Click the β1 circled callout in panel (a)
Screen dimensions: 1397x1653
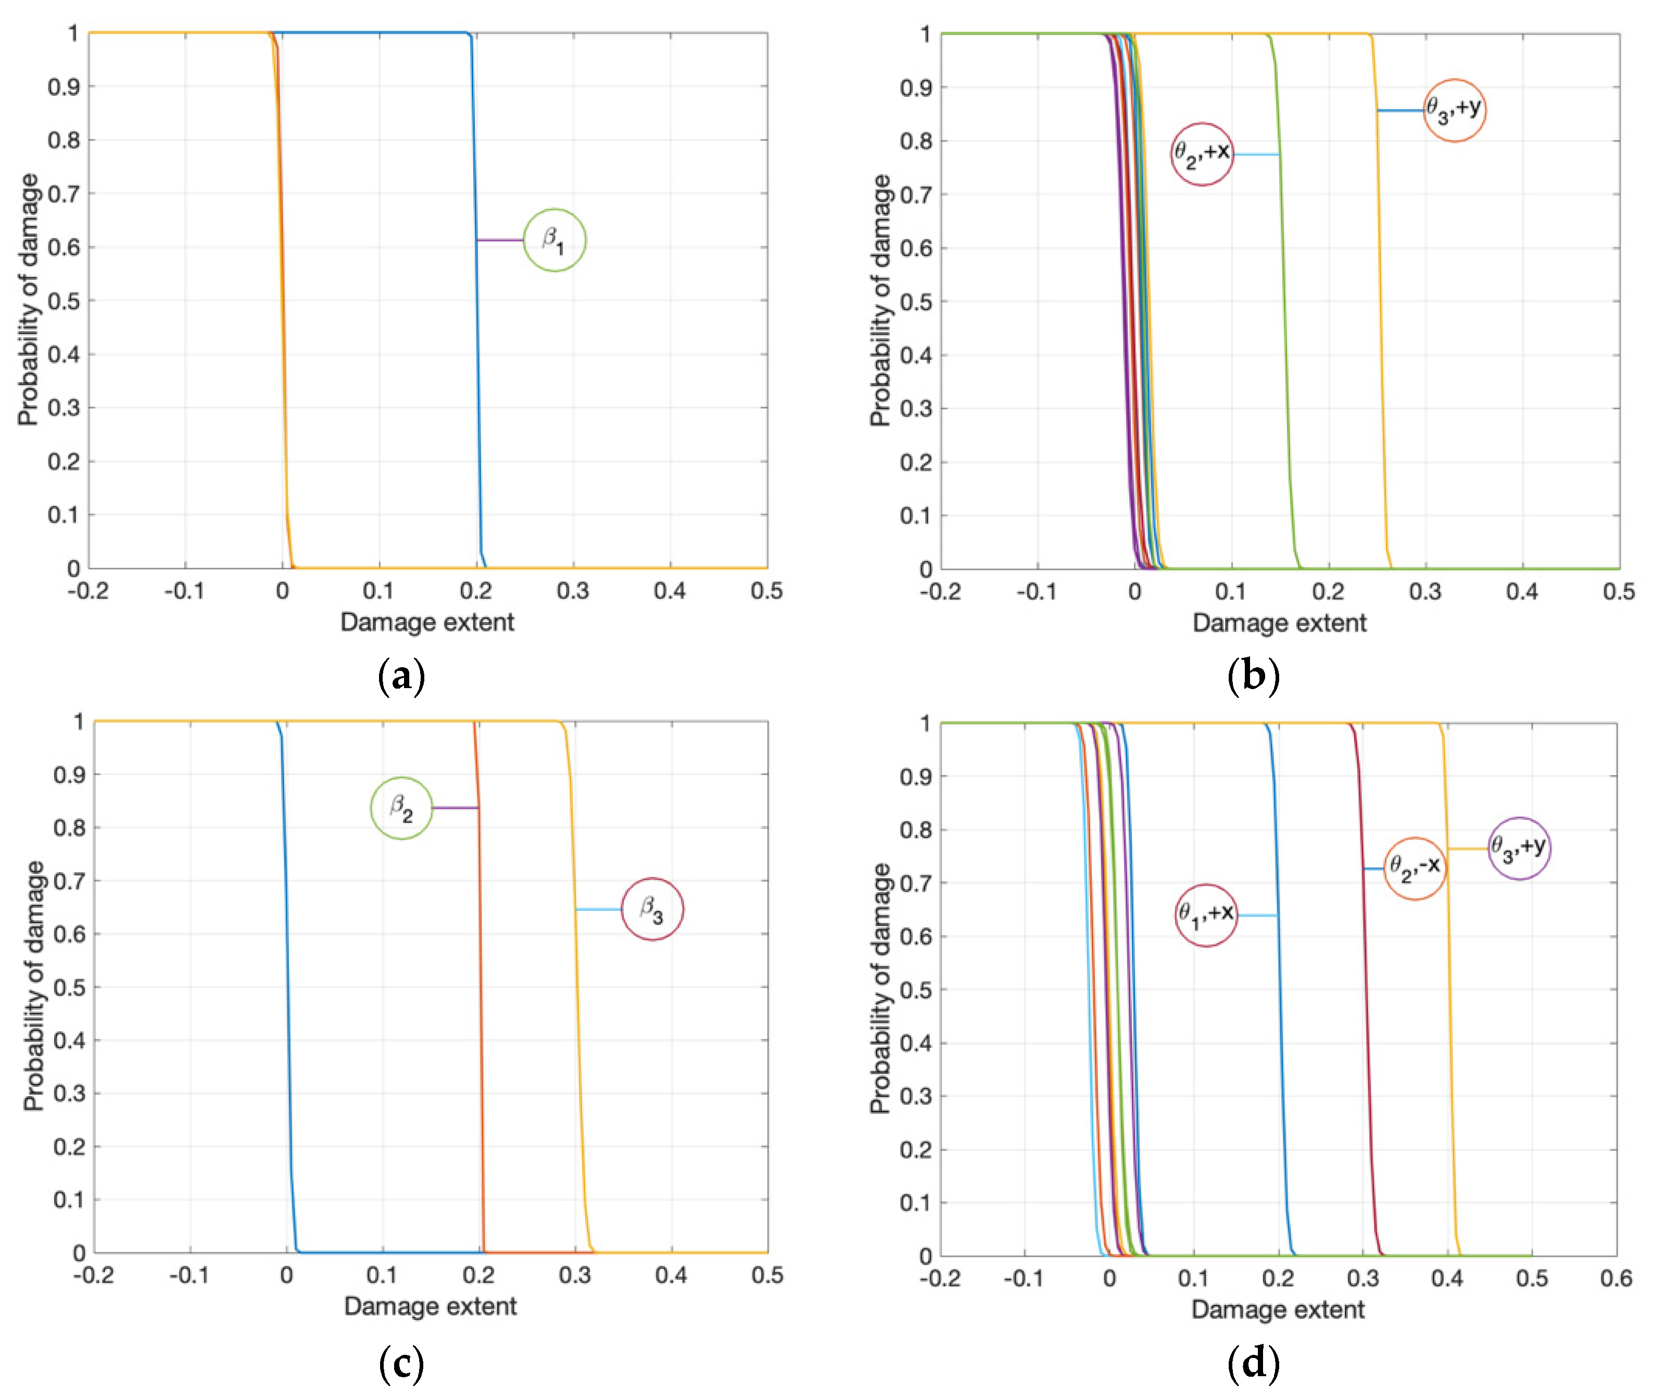click(x=554, y=240)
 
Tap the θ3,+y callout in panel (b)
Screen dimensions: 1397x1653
click(x=1454, y=111)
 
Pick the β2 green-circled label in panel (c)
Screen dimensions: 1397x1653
click(x=401, y=808)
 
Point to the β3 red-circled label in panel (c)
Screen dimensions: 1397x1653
click(x=652, y=909)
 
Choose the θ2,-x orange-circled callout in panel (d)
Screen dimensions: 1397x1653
click(x=1415, y=869)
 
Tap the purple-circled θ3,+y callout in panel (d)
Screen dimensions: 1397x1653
click(x=1518, y=848)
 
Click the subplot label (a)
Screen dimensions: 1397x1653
click(x=401, y=676)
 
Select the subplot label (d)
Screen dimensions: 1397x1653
click(x=1253, y=1363)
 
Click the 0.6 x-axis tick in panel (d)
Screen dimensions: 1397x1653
click(x=1616, y=1278)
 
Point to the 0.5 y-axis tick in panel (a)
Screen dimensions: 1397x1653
click(x=64, y=301)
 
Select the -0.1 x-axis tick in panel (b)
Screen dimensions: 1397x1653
click(x=1036, y=592)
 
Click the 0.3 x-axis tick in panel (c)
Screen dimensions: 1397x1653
click(x=574, y=1275)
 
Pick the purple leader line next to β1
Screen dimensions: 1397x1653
click(x=500, y=240)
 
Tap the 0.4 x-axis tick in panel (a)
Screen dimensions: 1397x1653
click(x=670, y=591)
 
